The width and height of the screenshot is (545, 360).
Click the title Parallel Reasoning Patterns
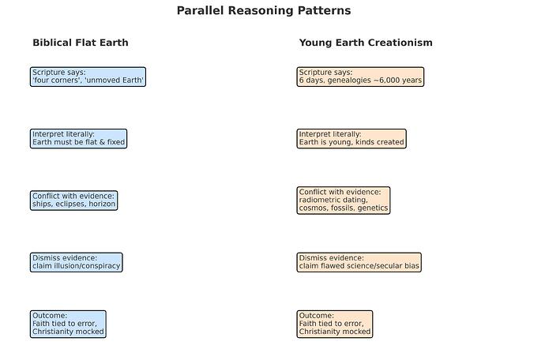click(x=264, y=11)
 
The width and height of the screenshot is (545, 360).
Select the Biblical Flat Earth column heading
click(x=80, y=43)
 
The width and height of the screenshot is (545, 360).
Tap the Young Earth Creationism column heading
click(x=366, y=43)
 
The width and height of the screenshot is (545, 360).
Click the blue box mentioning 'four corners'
click(x=88, y=77)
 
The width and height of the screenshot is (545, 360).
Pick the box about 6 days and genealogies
click(x=360, y=77)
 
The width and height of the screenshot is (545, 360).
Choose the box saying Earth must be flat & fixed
click(x=78, y=138)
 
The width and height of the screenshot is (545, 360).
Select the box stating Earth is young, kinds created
click(x=351, y=138)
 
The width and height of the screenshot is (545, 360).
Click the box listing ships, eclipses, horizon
click(x=74, y=201)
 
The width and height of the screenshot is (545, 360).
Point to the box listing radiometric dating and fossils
click(x=344, y=200)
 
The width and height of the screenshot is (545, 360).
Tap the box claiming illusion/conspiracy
click(x=76, y=262)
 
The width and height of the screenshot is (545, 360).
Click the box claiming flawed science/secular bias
click(x=359, y=262)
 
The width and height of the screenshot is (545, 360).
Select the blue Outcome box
click(x=68, y=324)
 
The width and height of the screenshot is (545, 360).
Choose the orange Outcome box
click(x=335, y=324)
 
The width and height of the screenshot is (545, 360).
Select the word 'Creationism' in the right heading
click(x=400, y=43)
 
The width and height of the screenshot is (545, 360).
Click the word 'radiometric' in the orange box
click(x=321, y=201)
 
